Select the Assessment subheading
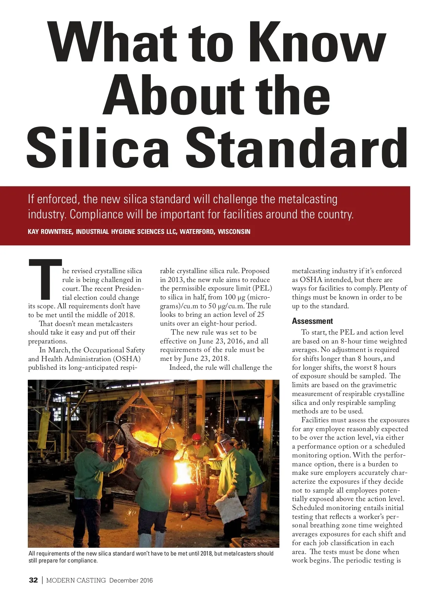[312, 321]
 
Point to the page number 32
[33, 580]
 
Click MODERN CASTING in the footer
[76, 580]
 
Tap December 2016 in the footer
[131, 580]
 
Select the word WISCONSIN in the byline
[234, 232]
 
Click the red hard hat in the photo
[196, 437]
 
